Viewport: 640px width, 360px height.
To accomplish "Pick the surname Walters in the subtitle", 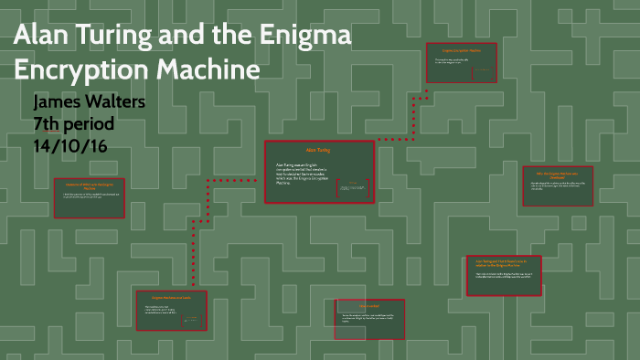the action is pos(118,101).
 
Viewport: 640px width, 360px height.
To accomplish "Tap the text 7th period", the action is pos(75,122).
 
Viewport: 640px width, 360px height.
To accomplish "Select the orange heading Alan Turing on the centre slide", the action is pos(318,148).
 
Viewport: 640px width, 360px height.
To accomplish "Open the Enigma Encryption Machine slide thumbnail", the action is pos(461,63).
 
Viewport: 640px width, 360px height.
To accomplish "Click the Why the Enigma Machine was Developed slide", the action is pos(557,186).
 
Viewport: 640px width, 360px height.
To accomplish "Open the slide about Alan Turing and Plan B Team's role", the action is pos(504,275).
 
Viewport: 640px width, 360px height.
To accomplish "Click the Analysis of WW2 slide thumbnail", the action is pos(89,196).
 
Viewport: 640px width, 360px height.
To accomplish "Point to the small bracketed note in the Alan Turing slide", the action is pos(351,187).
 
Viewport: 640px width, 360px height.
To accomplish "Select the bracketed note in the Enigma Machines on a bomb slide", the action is pos(191,321).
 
